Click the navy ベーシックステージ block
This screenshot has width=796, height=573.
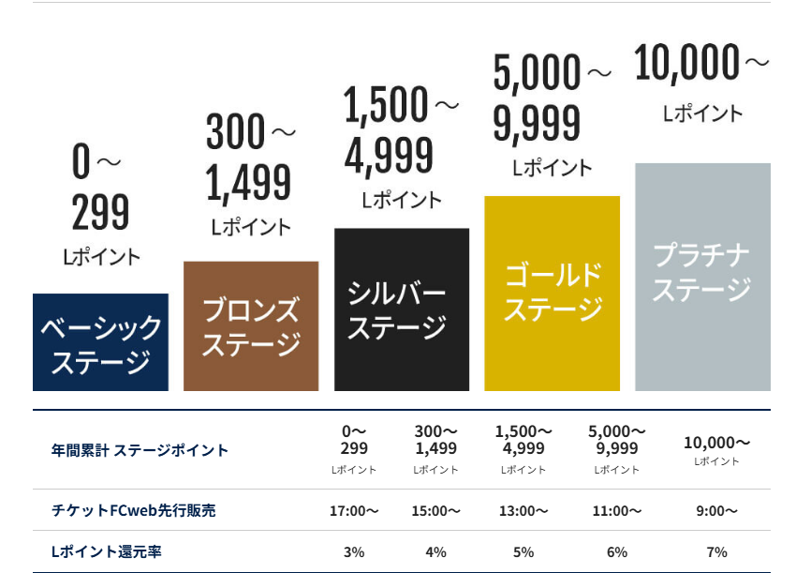coord(100,342)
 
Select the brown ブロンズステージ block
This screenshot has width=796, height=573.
coord(251,325)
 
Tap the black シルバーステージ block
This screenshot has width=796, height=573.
coord(402,309)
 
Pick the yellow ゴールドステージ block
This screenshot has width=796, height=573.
coord(552,293)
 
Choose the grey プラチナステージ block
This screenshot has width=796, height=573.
coord(702,277)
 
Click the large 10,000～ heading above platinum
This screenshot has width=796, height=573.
coord(700,63)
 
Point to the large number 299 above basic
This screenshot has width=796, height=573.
coord(100,214)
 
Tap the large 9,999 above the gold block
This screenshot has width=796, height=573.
coord(537,124)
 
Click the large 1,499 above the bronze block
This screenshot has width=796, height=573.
coord(248,183)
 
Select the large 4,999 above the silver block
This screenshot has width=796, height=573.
coord(389,155)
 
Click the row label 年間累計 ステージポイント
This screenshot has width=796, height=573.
coord(140,450)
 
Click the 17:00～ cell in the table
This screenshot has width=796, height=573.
coord(354,511)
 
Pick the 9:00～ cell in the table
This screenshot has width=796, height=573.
coord(716,511)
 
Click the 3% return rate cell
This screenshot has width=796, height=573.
coord(354,551)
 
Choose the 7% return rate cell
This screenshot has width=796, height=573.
coord(716,551)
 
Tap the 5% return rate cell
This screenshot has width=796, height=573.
coord(523,551)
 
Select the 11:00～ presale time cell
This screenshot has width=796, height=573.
coord(617,511)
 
